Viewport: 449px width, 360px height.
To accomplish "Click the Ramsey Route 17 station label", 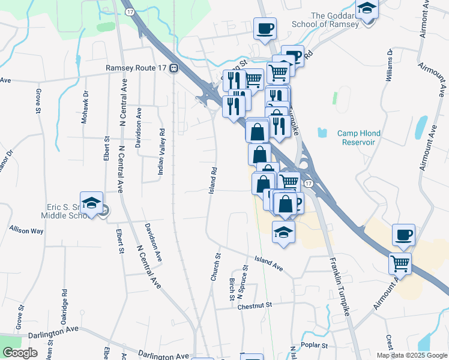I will tap(136, 68).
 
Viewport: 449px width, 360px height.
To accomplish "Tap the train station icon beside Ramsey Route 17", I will tap(173, 68).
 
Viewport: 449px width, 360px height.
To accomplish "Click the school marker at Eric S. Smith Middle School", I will tap(91, 204).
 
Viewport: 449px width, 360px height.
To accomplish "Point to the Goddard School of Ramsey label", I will tap(334, 20).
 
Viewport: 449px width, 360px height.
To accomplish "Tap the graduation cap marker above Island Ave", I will tap(283, 232).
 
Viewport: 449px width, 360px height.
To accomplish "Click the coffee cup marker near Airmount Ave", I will tap(403, 235).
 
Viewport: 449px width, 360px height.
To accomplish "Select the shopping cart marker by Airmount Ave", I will tap(400, 262).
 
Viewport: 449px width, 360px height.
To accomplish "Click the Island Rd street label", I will tap(212, 180).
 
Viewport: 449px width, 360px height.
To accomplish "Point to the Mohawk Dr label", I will tap(85, 106).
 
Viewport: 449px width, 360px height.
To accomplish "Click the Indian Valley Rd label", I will tap(161, 151).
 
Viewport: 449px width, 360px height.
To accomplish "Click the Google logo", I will tap(19, 353).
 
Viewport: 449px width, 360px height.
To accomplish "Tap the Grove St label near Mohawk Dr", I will tap(37, 102).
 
